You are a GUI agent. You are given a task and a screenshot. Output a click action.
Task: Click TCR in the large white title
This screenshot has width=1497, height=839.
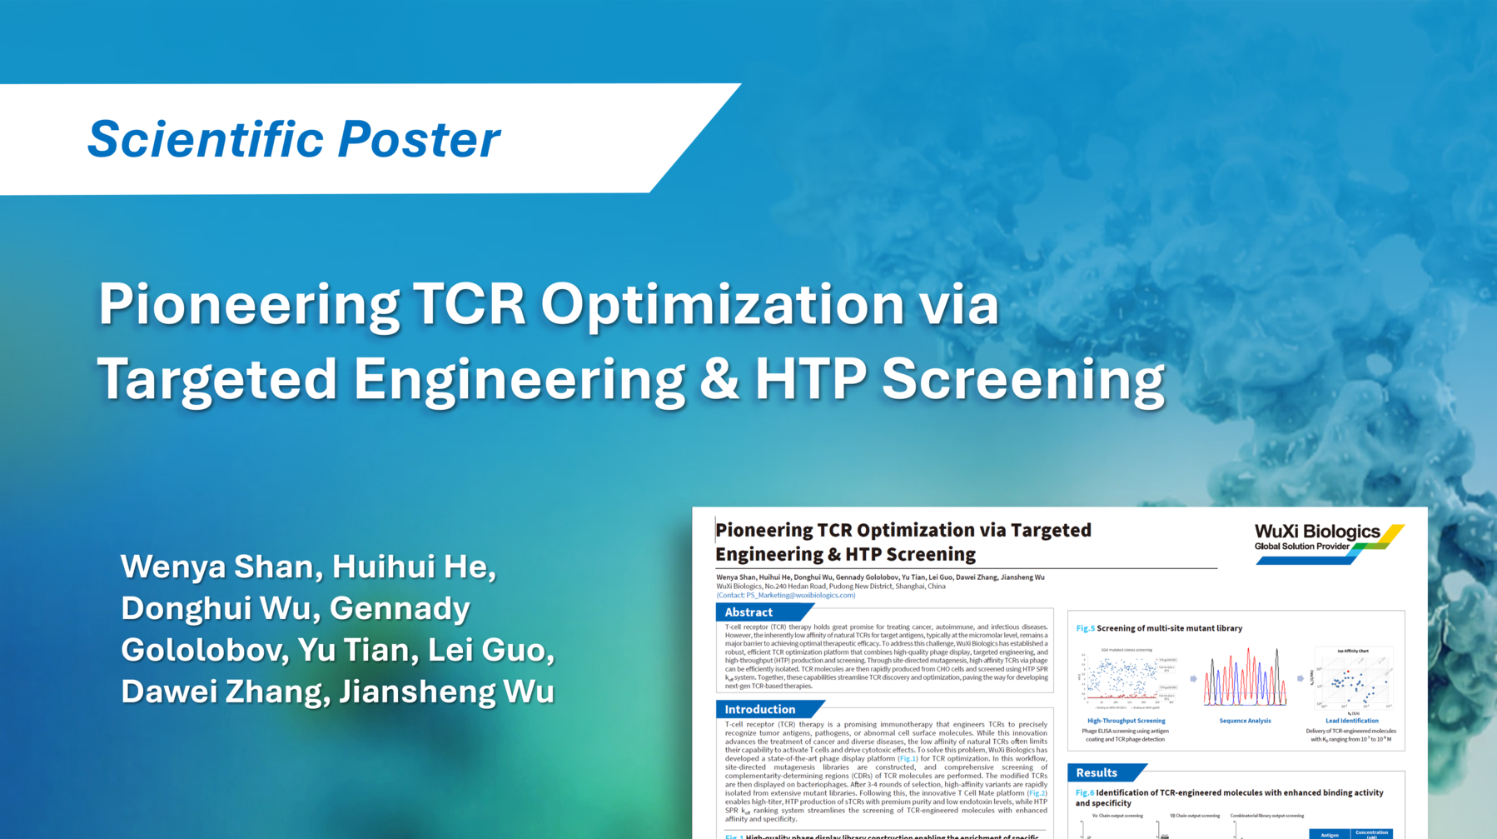coord(470,304)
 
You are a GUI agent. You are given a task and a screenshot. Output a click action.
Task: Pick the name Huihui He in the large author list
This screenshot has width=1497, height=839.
coord(414,567)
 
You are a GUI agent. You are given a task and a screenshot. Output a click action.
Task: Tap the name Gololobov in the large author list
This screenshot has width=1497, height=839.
coord(204,650)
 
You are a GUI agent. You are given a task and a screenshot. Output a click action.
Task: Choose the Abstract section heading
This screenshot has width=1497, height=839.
coord(748,612)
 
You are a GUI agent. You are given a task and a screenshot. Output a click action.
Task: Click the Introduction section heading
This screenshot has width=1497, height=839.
coord(759,710)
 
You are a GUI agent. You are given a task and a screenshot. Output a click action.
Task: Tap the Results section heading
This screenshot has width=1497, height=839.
coord(1096,772)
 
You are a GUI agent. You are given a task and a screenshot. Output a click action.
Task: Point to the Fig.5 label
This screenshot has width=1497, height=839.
coord(1085,628)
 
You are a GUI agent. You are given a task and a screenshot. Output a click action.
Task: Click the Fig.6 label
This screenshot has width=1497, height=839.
coord(1084,793)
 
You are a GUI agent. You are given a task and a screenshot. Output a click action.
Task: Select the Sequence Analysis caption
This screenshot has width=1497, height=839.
coord(1245,721)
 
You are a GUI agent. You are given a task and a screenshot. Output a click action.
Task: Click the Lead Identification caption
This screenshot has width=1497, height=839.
coord(1351,721)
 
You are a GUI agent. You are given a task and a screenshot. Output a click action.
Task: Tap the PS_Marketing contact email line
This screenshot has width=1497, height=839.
coord(786,595)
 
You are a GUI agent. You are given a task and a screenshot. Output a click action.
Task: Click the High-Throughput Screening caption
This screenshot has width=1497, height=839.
coord(1126,721)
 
